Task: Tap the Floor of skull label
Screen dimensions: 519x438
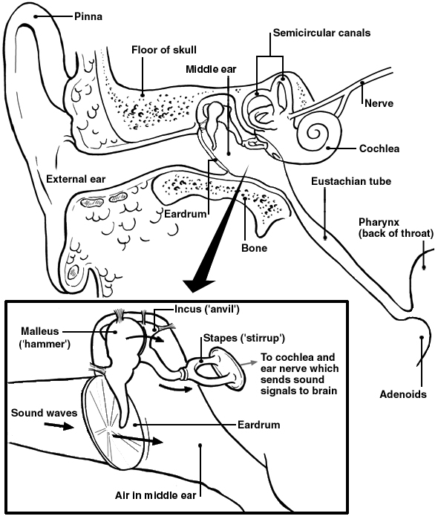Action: click(165, 50)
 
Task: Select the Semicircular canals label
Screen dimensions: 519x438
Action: click(321, 33)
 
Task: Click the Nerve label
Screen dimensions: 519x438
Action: click(379, 103)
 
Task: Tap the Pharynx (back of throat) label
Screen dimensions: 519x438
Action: click(396, 228)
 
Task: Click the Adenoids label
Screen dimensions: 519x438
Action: click(402, 394)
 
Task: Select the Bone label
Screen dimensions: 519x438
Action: click(253, 247)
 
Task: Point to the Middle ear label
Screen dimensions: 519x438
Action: click(211, 69)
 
